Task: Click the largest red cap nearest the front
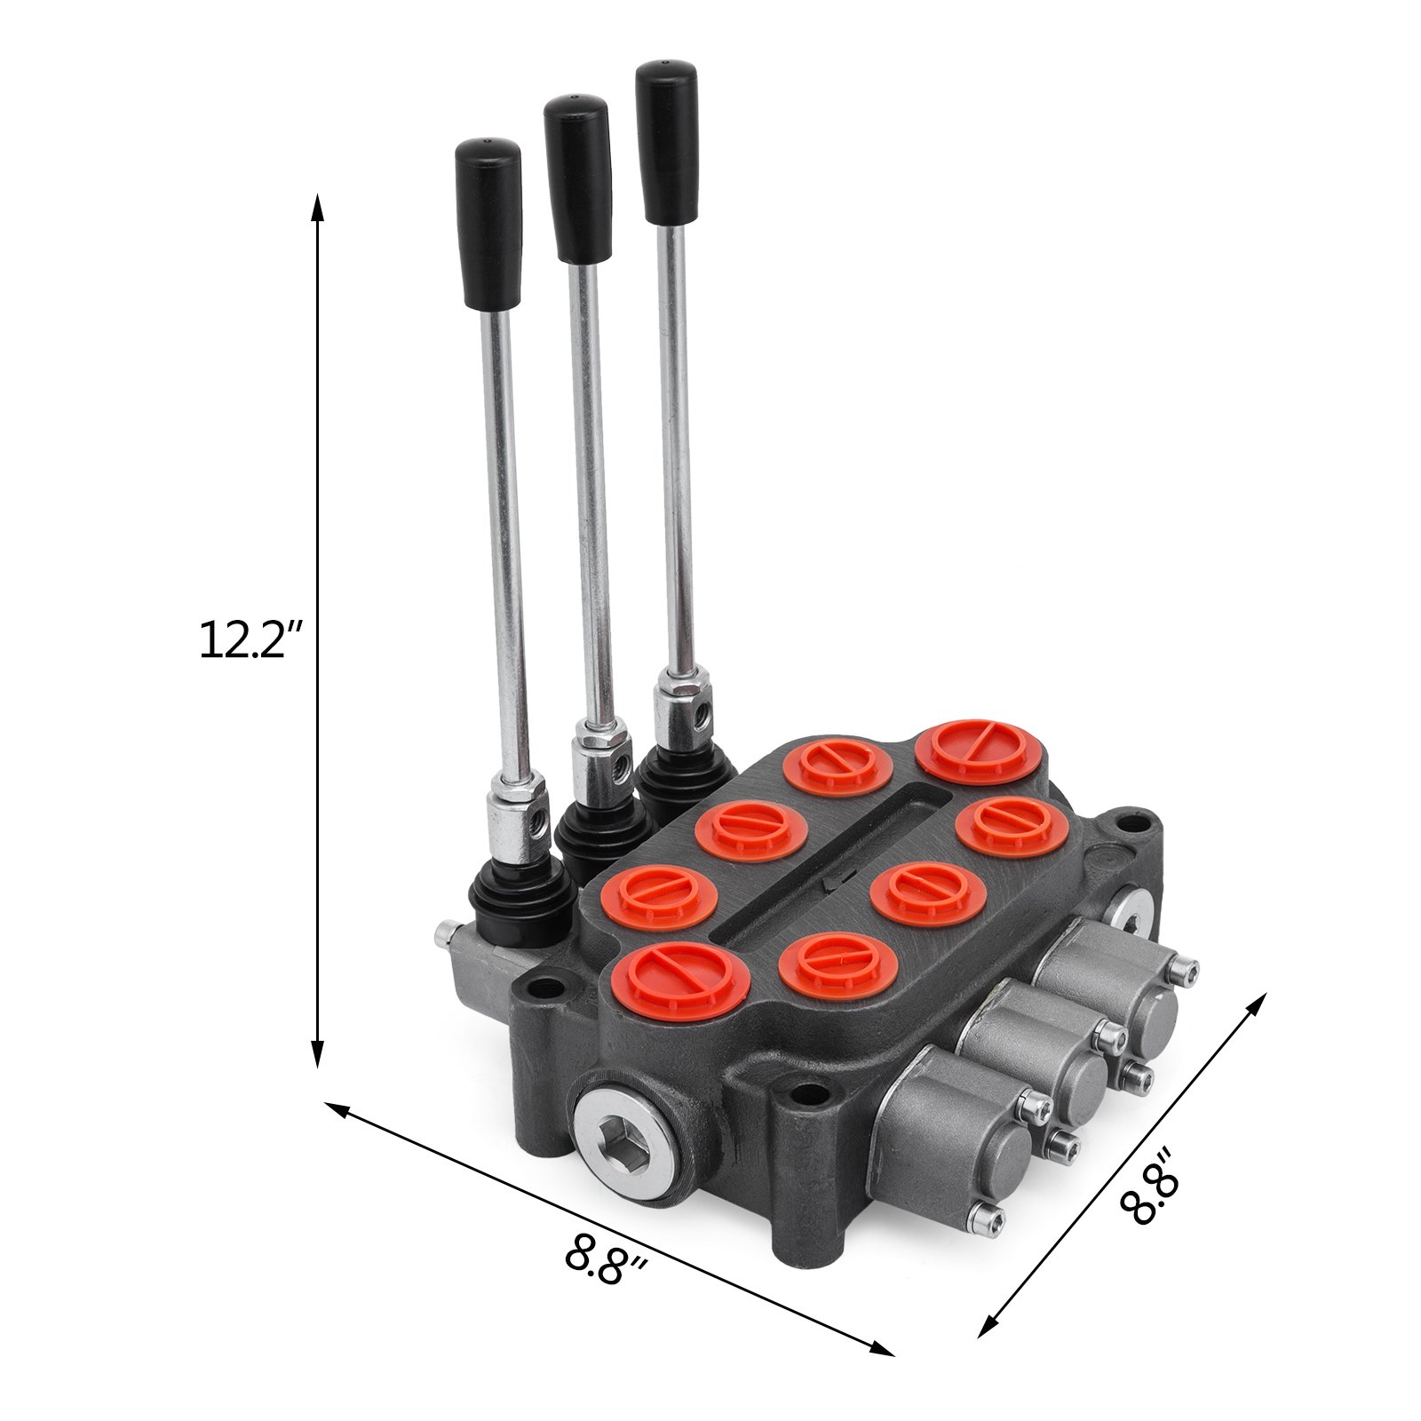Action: point(681,980)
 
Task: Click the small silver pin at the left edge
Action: point(445,933)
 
